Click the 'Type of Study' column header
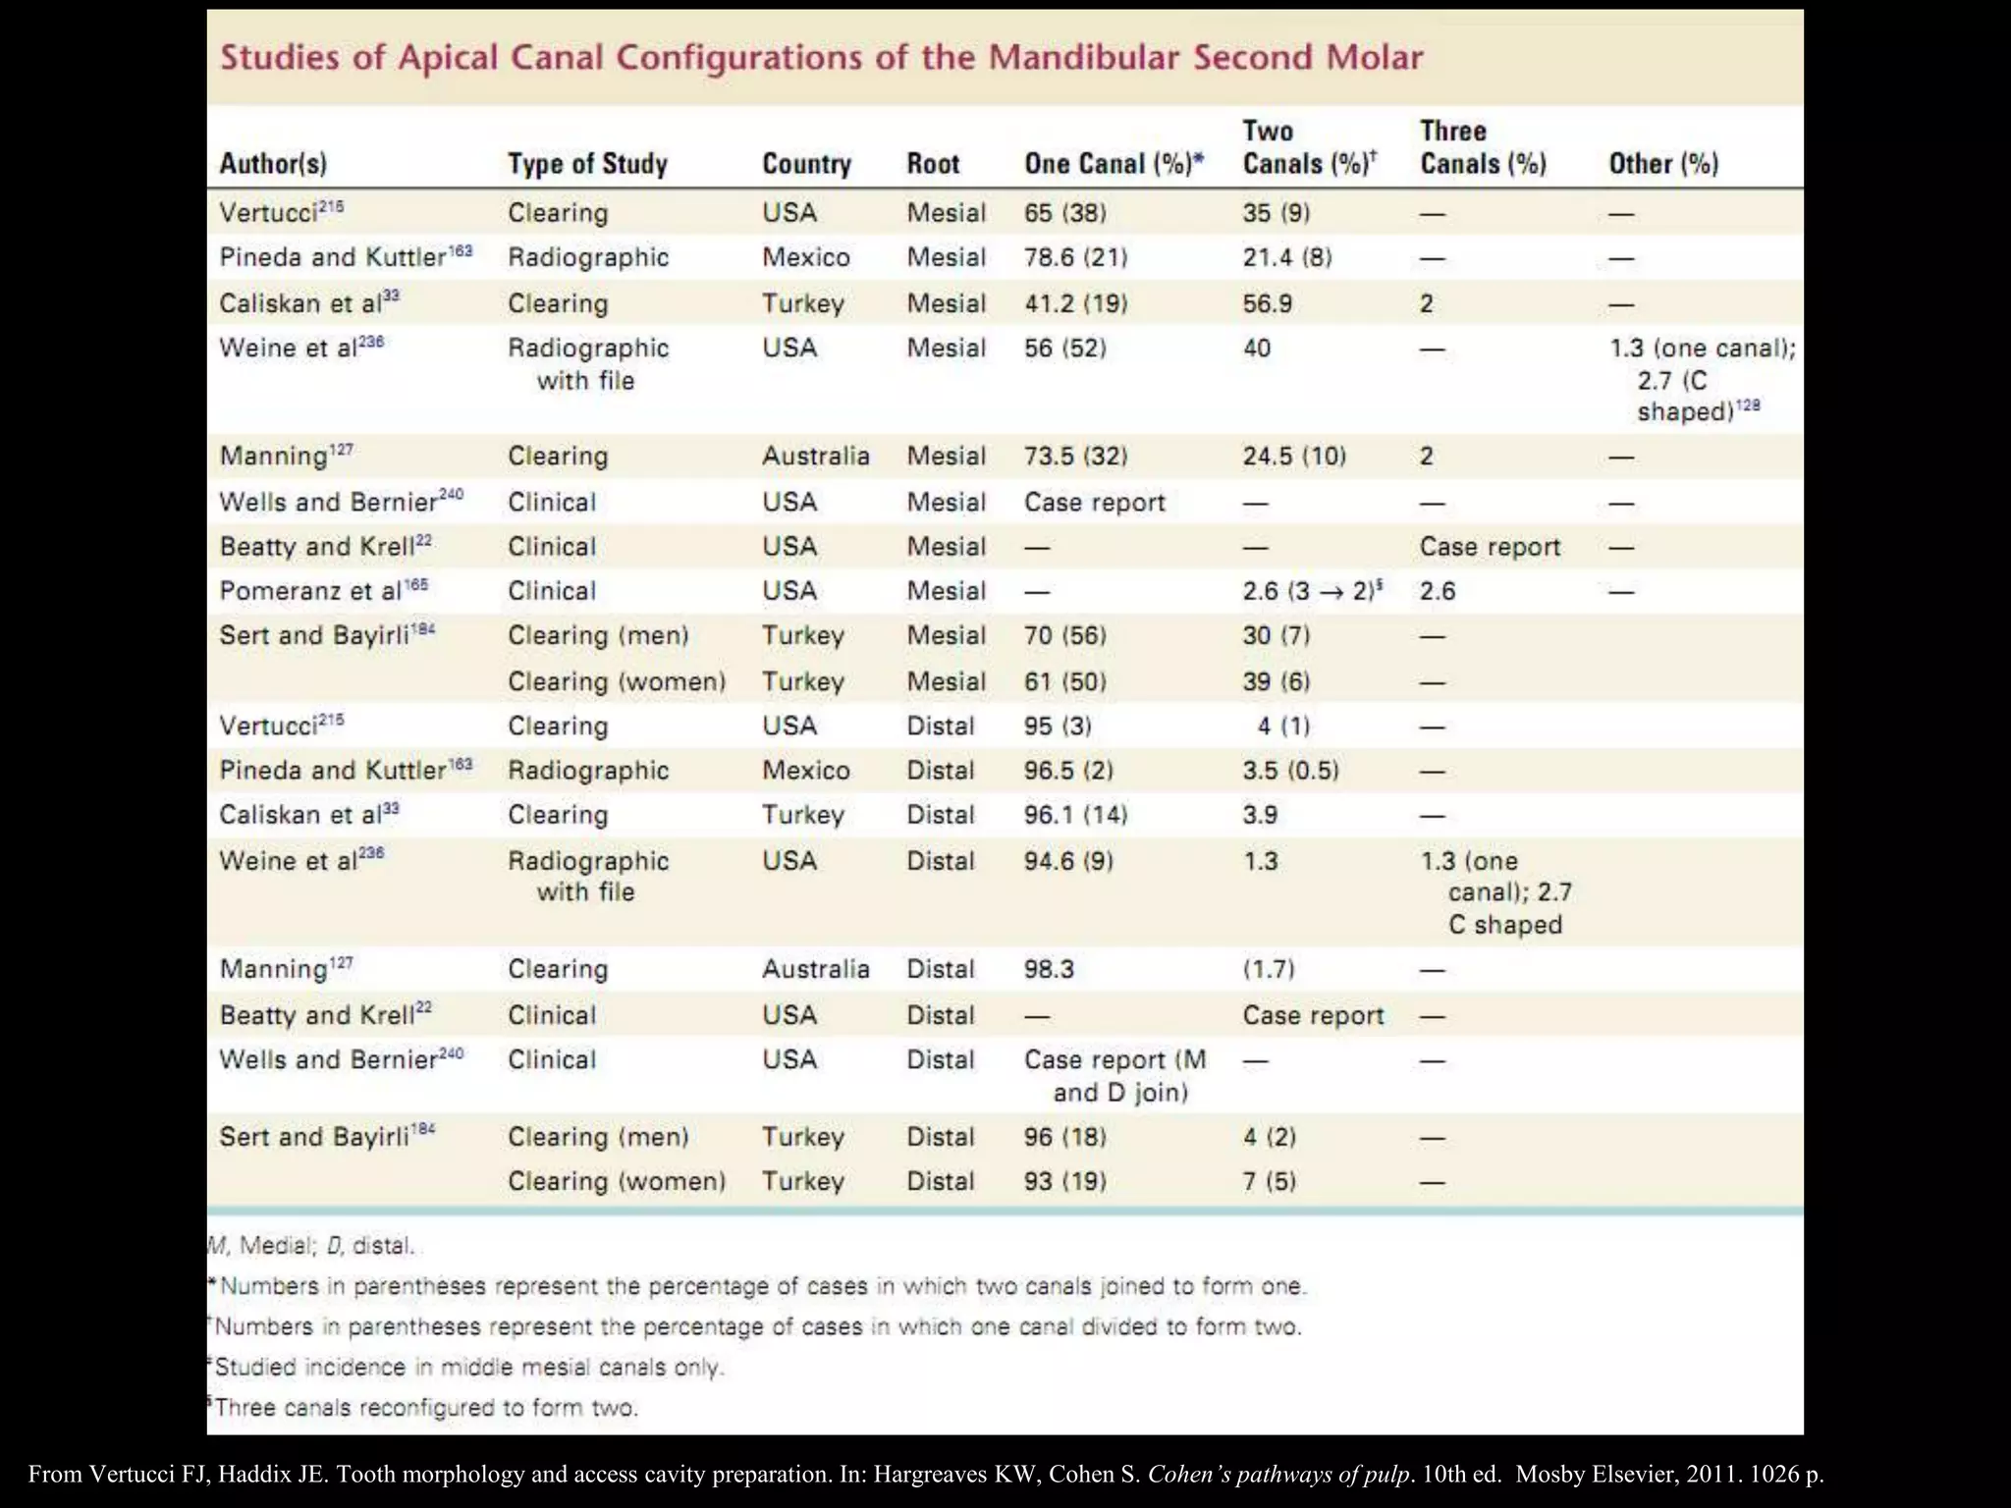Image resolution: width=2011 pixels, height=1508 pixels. tap(587, 164)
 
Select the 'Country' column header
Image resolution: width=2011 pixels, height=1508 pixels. tap(806, 164)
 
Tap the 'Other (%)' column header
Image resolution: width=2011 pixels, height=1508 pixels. tap(1663, 164)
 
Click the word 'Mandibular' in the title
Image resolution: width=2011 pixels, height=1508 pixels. tap(1083, 57)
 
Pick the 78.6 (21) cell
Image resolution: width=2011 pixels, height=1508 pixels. tap(1076, 257)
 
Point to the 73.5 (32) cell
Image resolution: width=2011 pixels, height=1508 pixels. tap(1076, 456)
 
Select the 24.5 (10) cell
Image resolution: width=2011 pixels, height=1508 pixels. tap(1294, 456)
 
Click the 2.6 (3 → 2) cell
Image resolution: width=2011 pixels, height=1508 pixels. tap(1313, 591)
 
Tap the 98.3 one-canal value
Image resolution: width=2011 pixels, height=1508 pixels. tap(1049, 969)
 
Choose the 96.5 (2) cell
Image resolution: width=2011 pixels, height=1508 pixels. tap(1068, 770)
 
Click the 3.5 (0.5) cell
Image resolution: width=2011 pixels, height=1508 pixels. tap(1290, 770)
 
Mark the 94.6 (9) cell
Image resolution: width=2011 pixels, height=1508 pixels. tap(1068, 861)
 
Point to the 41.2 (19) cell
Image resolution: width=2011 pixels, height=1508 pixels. tap(1076, 303)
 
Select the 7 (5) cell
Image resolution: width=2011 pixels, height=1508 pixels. tap(1270, 1181)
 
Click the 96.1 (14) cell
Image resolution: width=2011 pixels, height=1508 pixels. tap(1076, 815)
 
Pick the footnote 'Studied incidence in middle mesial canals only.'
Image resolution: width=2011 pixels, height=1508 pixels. tap(467, 1368)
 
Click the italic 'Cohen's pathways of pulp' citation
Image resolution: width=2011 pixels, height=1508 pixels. tap(1279, 1475)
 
